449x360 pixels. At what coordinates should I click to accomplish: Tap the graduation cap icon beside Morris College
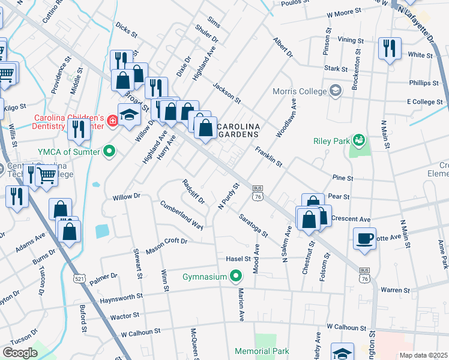coord(336,92)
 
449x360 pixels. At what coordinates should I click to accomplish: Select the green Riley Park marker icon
coord(359,140)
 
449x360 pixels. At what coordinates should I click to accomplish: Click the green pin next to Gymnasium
coord(236,277)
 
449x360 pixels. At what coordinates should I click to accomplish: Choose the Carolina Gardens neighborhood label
coord(238,130)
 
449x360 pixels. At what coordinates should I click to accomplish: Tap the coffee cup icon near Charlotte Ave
coord(364,238)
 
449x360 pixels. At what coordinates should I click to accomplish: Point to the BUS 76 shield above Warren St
coord(364,274)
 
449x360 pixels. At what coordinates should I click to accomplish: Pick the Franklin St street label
coord(269,155)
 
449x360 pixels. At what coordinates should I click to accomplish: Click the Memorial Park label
coord(262,351)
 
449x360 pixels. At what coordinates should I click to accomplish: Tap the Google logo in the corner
coord(20,352)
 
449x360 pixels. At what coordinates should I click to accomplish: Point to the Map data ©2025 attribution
coord(423,355)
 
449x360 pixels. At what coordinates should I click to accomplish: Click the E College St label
coord(424,103)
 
